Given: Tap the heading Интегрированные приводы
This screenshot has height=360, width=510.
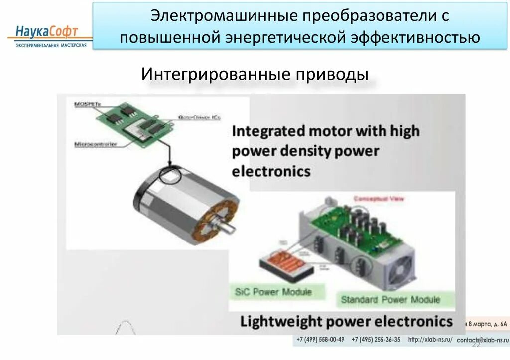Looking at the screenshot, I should pyautogui.click(x=255, y=75).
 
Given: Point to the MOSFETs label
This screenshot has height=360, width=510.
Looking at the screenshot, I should pyautogui.click(x=87, y=104).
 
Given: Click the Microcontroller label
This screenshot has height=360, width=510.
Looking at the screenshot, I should pyautogui.click(x=95, y=144).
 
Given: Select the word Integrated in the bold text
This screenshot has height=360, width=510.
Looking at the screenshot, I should pyautogui.click(x=268, y=131).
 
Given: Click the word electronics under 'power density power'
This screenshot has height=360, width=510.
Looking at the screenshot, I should pyautogui.click(x=271, y=172).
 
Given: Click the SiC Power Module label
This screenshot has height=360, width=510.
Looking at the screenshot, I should pyautogui.click(x=273, y=292).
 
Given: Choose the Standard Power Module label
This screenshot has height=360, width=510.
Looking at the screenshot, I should pyautogui.click(x=390, y=300).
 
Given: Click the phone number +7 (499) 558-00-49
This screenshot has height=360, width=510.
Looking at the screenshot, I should pyautogui.click(x=320, y=340).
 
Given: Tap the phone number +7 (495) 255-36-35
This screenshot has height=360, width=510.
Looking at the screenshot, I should pyautogui.click(x=376, y=340).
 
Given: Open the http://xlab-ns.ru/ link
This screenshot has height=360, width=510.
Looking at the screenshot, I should pyautogui.click(x=430, y=340).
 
